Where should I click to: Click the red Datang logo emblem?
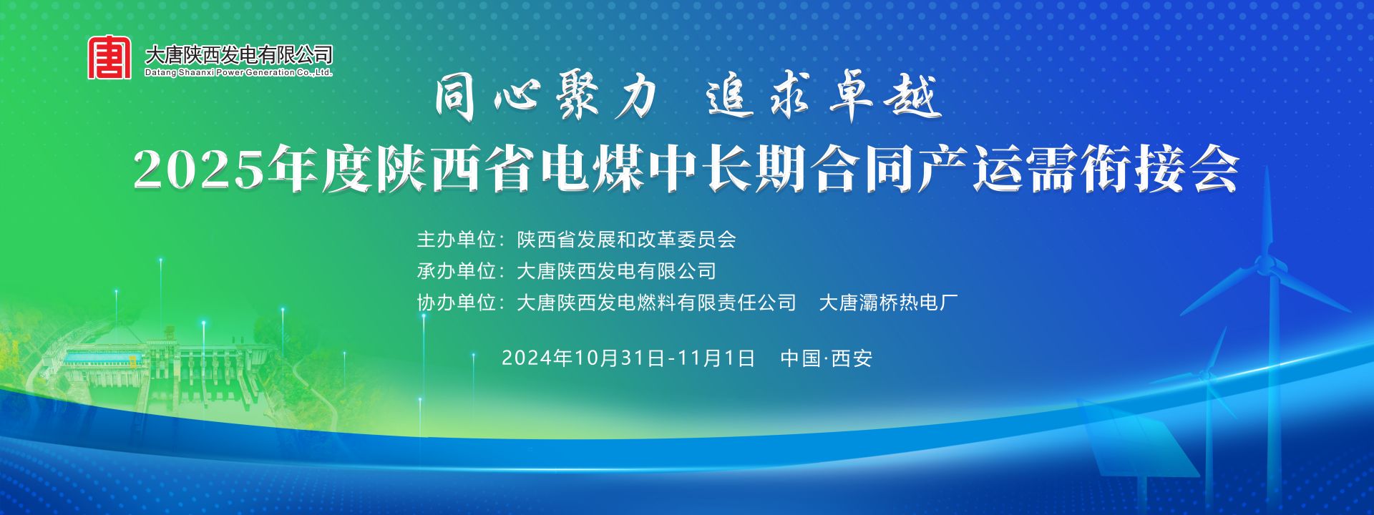[109, 57]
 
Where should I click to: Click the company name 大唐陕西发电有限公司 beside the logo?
[239, 54]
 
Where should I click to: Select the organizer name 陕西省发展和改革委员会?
[627, 239]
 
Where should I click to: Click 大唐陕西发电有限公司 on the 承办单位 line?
[616, 271]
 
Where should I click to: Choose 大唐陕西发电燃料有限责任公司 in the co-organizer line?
[656, 303]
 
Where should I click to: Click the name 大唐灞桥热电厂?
[888, 303]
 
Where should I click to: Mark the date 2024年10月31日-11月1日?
[628, 358]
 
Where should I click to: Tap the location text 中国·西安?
[827, 358]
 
